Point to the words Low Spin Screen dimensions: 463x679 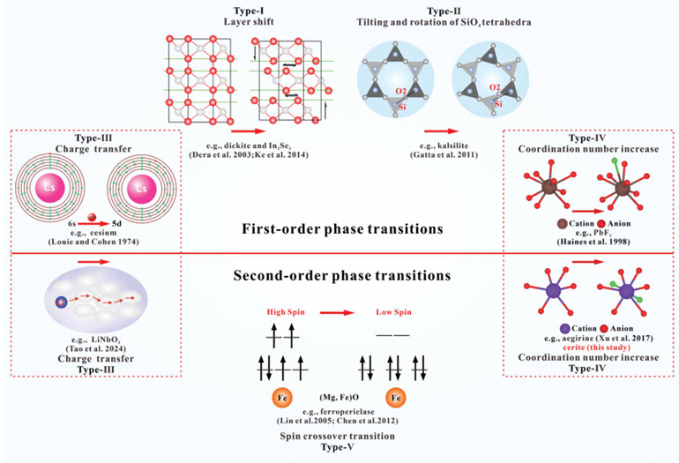pyautogui.click(x=390, y=310)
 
